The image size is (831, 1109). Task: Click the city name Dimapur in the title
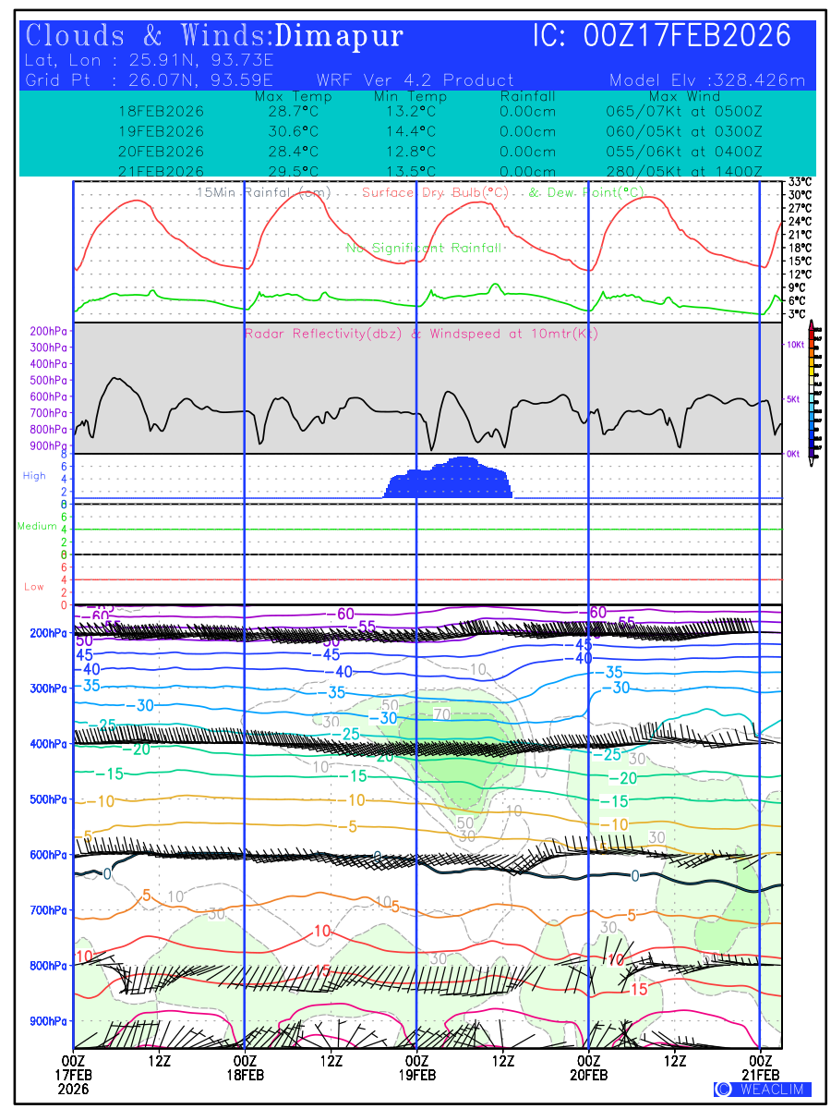click(339, 36)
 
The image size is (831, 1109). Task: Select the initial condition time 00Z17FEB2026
click(688, 36)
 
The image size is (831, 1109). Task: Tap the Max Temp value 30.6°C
click(286, 131)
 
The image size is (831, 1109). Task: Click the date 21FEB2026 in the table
click(161, 172)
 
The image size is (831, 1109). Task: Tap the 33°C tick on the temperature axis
click(800, 182)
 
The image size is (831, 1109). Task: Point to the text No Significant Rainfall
click(424, 248)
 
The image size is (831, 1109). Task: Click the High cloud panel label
click(34, 476)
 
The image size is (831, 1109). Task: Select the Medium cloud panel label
click(37, 526)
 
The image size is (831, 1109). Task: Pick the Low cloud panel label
click(34, 587)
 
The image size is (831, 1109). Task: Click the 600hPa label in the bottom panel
click(49, 855)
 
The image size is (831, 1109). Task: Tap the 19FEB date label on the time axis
click(416, 1075)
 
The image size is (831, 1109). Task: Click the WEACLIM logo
click(762, 1090)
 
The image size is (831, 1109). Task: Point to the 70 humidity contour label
click(440, 714)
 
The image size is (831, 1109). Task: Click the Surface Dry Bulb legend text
click(435, 192)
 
